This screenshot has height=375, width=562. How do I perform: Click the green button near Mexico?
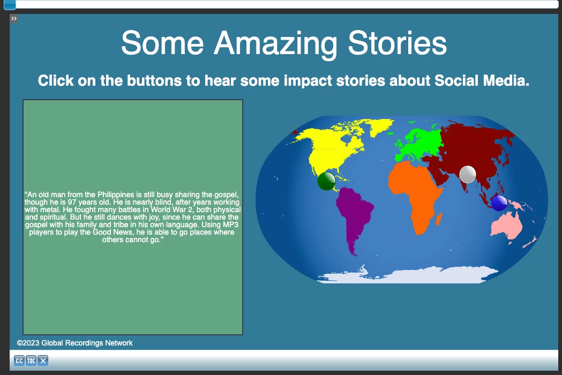pyautogui.click(x=326, y=181)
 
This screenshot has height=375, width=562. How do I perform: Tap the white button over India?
pyautogui.click(x=467, y=175)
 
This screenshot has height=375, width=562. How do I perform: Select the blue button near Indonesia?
pyautogui.click(x=499, y=203)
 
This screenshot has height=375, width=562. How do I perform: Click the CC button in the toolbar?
pyautogui.click(x=19, y=361)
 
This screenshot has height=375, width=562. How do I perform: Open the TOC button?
pyautogui.click(x=31, y=361)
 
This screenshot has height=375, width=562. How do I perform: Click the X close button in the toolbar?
pyautogui.click(x=43, y=361)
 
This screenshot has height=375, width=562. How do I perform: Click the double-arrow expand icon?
pyautogui.click(x=14, y=19)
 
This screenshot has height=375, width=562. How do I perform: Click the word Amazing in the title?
pyautogui.click(x=275, y=44)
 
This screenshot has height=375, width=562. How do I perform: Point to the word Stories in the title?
pyautogui.click(x=397, y=43)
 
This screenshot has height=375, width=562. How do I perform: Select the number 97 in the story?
pyautogui.click(x=72, y=202)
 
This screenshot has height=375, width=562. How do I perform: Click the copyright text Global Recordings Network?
pyautogui.click(x=87, y=343)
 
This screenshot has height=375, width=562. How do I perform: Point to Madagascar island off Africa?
pyautogui.click(x=439, y=219)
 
